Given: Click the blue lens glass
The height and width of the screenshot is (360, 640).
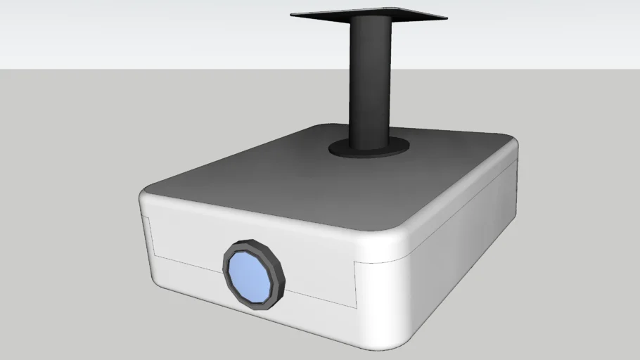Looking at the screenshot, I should coord(252,274).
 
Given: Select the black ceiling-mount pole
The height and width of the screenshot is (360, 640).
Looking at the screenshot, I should coord(371,84).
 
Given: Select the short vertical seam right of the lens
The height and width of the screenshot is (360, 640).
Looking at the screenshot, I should coord(354,285).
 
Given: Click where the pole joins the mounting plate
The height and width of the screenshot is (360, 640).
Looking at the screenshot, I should coord(369,21).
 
